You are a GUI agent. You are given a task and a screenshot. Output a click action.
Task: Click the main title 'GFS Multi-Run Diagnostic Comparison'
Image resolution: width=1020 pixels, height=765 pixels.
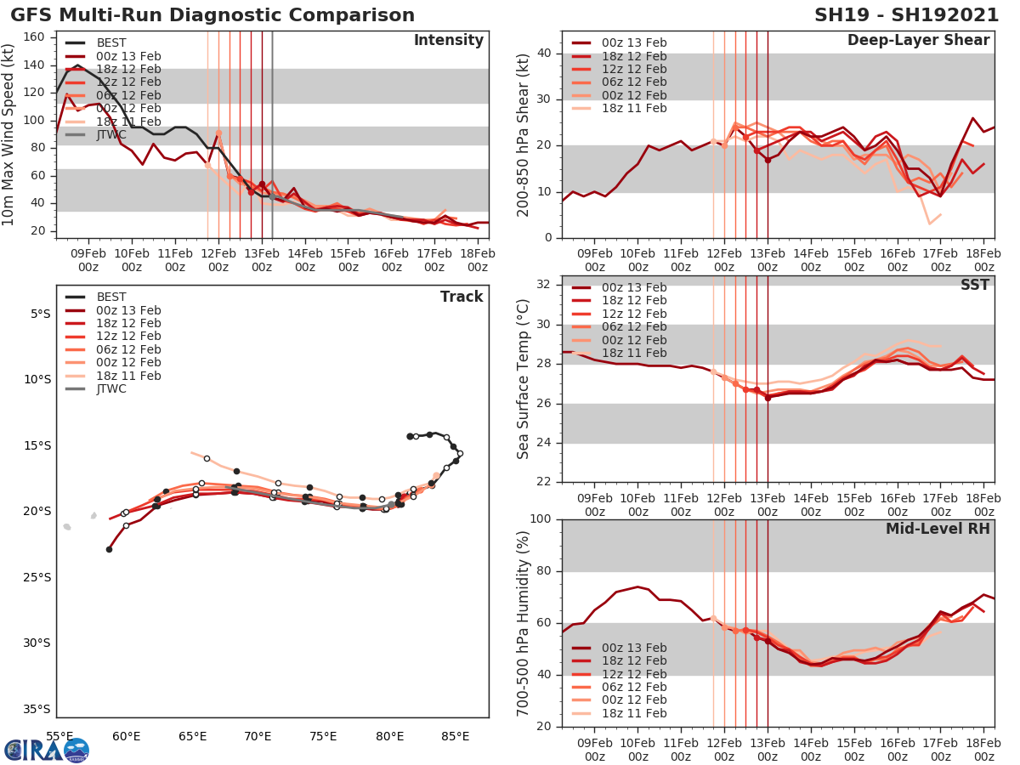click(x=213, y=15)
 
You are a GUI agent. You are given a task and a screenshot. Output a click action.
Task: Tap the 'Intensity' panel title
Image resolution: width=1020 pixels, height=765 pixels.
click(x=448, y=41)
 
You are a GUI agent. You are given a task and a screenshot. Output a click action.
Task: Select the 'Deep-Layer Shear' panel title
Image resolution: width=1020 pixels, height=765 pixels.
click(x=918, y=41)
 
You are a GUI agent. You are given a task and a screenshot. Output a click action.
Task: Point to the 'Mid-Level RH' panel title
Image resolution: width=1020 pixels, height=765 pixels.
click(x=938, y=530)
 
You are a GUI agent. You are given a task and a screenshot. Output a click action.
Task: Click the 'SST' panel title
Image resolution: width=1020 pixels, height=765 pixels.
click(x=975, y=285)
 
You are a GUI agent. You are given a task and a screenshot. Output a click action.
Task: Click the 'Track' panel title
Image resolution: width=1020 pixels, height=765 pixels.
click(x=461, y=297)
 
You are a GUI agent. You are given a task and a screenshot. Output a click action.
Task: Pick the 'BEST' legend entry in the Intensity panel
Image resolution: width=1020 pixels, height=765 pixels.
click(x=110, y=42)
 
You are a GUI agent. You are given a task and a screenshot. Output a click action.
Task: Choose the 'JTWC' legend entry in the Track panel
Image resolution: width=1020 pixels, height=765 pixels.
click(x=110, y=389)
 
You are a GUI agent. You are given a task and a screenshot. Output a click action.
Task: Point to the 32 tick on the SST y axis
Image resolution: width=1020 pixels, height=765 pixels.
click(x=544, y=285)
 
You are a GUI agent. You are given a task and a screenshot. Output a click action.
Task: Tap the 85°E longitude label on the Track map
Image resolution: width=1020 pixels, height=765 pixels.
click(x=456, y=736)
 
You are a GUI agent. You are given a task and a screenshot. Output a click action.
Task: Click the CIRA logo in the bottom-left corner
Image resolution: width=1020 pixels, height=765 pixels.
click(x=47, y=750)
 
